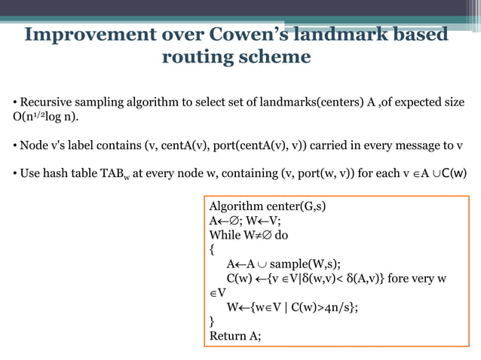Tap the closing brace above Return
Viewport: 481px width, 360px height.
pyautogui.click(x=212, y=322)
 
